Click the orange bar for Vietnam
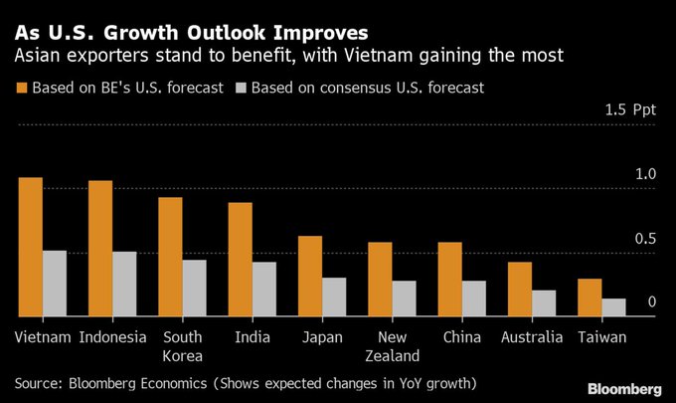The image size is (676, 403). [x=31, y=247]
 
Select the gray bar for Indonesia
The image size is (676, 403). [x=124, y=284]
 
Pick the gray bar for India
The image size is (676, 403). [x=264, y=289]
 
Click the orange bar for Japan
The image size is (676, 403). [x=310, y=276]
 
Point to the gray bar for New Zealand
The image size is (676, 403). [x=404, y=298]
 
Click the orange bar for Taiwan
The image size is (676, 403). [x=590, y=298]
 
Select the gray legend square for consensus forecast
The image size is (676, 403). [x=240, y=88]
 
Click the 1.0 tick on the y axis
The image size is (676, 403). [x=646, y=174]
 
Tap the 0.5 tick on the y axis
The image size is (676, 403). [x=646, y=238]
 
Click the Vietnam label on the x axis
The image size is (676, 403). [x=43, y=336]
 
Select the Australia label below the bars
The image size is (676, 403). [x=532, y=336]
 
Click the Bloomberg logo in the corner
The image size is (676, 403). [x=623, y=387]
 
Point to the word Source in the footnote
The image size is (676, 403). [x=39, y=382]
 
